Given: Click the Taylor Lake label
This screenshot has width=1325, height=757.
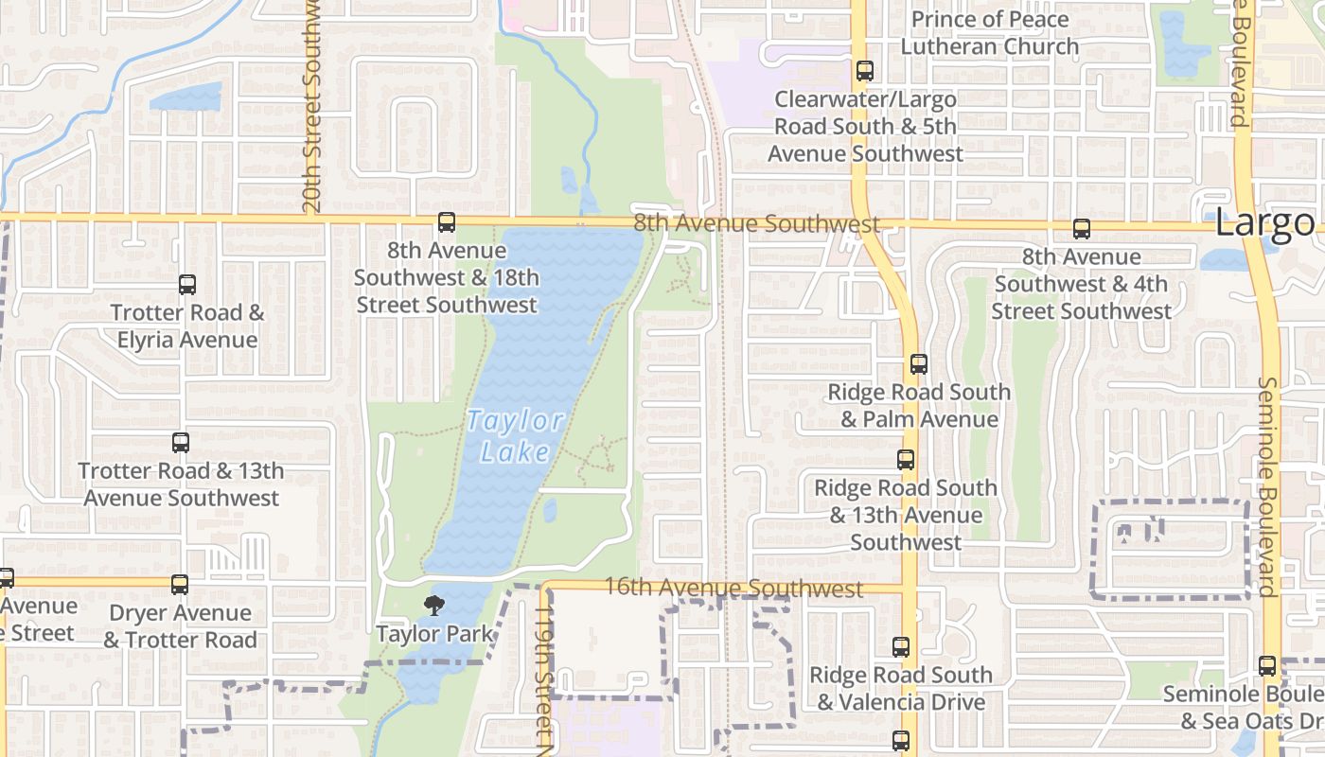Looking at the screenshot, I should (516, 436).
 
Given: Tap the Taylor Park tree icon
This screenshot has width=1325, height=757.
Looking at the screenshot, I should (434, 605).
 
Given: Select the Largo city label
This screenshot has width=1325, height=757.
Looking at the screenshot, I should (1264, 223).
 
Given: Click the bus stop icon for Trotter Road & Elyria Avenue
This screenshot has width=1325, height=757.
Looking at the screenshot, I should (187, 284).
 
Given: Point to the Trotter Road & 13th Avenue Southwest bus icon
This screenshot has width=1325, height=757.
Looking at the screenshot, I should (180, 442).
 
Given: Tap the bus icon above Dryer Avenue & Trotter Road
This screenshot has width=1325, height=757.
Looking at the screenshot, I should (180, 584).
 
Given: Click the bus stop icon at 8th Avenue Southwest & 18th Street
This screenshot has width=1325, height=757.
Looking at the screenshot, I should (446, 222).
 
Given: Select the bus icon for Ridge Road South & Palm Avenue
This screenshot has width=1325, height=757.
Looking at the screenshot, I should (918, 363).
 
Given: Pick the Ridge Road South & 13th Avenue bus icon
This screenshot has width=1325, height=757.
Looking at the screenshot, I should (906, 460).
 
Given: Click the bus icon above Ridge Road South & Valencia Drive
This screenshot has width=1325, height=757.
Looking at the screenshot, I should (901, 647).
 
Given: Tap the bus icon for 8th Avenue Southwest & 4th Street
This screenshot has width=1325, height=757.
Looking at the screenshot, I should (1082, 228).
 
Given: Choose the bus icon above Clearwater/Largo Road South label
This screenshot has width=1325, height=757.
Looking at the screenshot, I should (864, 70).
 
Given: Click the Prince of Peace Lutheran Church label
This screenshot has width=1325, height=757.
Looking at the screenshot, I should (989, 32).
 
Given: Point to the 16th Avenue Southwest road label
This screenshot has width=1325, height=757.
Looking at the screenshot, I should (733, 588).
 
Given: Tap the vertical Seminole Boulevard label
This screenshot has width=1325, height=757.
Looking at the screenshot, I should (1267, 487).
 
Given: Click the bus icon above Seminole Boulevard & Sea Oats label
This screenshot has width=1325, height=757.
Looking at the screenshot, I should (1267, 665).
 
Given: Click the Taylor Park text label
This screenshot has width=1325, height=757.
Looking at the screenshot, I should (435, 633).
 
